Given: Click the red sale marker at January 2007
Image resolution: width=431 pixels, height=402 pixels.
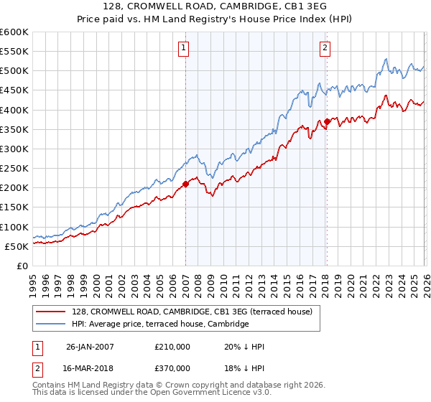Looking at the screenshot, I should click(185, 184).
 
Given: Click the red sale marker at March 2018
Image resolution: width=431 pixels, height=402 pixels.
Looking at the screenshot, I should click(327, 121).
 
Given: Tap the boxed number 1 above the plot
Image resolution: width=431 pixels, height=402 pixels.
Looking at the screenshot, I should click(184, 48).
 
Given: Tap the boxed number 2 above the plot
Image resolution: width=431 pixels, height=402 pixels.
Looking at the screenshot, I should click(325, 48).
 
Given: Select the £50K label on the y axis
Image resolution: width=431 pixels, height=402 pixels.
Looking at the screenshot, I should click(17, 246).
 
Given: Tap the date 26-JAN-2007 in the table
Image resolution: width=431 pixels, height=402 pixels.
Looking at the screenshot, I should click(90, 347).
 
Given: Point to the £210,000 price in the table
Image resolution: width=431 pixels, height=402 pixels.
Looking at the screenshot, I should click(172, 347).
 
